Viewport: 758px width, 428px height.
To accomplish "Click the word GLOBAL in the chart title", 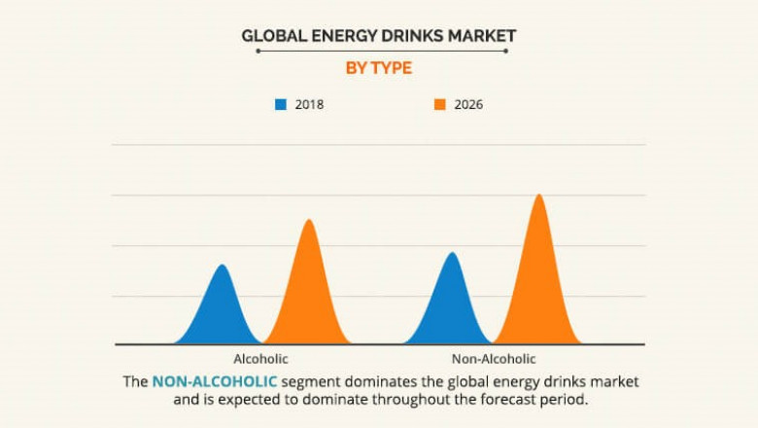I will pos(271,36).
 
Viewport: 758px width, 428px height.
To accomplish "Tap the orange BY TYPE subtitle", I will pos(379,68).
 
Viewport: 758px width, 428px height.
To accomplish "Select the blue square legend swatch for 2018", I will pos(281,104).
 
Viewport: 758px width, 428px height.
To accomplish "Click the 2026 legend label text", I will pos(468,104).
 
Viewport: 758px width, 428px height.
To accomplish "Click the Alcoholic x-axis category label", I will pos(260,359).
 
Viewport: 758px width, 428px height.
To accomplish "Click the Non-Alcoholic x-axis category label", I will pos(494,359).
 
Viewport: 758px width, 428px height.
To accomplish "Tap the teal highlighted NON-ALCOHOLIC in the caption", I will pos(215,380).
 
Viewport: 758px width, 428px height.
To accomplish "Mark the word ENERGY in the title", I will pos(341,36).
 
